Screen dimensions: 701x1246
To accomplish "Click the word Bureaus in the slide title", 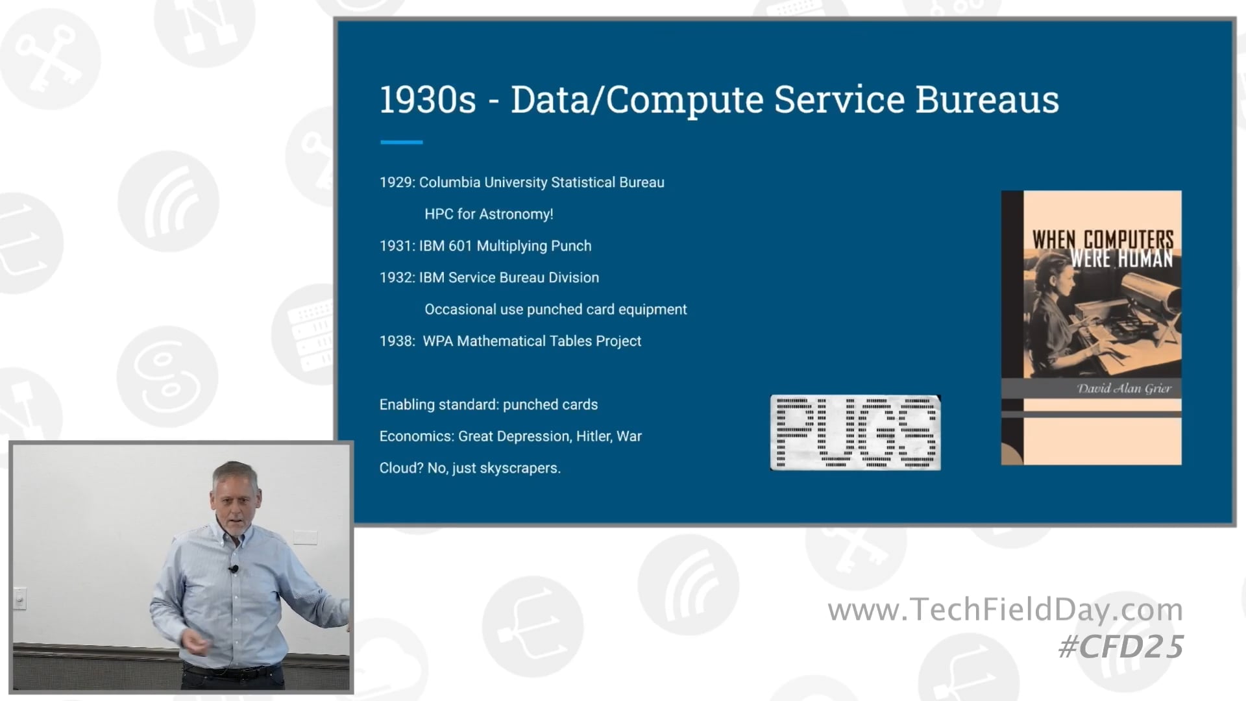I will point(986,101).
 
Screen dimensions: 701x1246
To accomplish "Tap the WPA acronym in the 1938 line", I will point(437,341).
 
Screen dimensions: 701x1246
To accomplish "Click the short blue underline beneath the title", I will point(401,142).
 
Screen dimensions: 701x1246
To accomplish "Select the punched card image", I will point(855,432).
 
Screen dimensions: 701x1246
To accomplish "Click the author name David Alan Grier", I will point(1124,389).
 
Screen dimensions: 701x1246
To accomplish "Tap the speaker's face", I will point(235,500).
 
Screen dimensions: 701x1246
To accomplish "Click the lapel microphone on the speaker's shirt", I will point(234,569).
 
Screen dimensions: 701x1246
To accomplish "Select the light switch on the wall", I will point(19,598).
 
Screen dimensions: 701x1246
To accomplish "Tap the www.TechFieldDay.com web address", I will point(1005,610).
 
